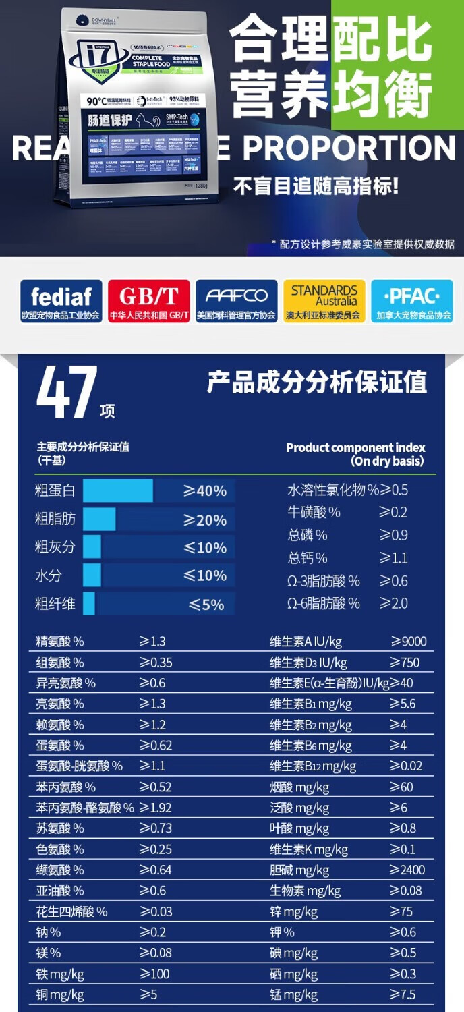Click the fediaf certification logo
point(61,302)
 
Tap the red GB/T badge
point(148,302)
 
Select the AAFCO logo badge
point(237,302)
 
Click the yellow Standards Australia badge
point(324,302)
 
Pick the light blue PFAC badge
point(411,302)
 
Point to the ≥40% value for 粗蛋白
point(205,490)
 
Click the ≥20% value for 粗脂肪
point(205,519)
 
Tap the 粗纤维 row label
point(55,604)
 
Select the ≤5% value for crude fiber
point(206,605)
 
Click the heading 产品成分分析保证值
point(317,383)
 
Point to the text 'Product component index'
point(355,447)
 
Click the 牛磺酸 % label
point(314,513)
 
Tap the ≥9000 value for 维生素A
point(409,642)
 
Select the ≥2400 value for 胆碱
point(407,870)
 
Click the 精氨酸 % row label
point(60,642)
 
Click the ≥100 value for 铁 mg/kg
point(154,974)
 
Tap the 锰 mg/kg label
point(293,994)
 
